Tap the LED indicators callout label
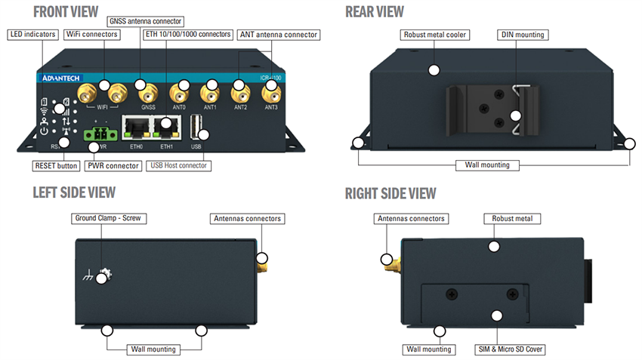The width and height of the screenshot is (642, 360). tap(33, 35)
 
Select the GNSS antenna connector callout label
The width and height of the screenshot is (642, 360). tap(145, 21)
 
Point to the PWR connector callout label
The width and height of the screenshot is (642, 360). tap(113, 166)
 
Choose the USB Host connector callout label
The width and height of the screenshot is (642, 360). tap(178, 165)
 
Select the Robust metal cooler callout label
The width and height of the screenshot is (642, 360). tap(434, 35)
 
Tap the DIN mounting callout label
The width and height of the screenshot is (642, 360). tap(523, 35)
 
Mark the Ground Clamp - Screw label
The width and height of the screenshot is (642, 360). tap(109, 219)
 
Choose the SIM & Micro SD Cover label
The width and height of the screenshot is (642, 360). tap(511, 349)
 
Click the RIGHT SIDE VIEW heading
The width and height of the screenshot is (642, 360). tap(390, 193)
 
